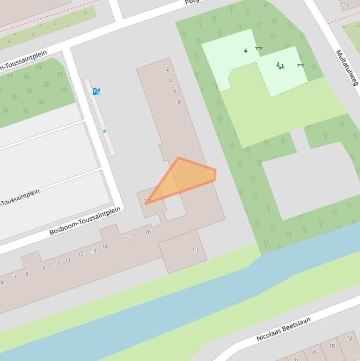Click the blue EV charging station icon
pyautogui.click(x=96, y=91)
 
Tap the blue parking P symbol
pyautogui.click(x=105, y=132)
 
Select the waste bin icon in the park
pyautogui.click(x=245, y=50)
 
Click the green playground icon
pyautogui.click(x=280, y=66)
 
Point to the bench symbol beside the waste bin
pyautogui.click(x=258, y=48)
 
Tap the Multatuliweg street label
pyautogui.click(x=347, y=68)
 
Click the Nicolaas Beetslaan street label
pyautogui.click(x=283, y=329)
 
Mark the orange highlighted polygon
pyautogui.click(x=185, y=179)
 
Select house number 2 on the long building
pyautogui.click(x=167, y=69)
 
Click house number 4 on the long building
pyautogui.click(x=170, y=81)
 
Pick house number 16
pyautogui.click(x=148, y=232)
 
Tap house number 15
pyautogui.click(x=126, y=239)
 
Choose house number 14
pyautogui.click(x=105, y=246)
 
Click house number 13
pyautogui.click(x=93, y=251)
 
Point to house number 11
pyautogui.click(x=68, y=260)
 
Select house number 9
pyautogui.click(x=44, y=268)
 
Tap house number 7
pyautogui.click(x=15, y=278)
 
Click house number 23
pyautogui.click(x=345, y=6)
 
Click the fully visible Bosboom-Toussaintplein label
pyautogui.click(x=85, y=221)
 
